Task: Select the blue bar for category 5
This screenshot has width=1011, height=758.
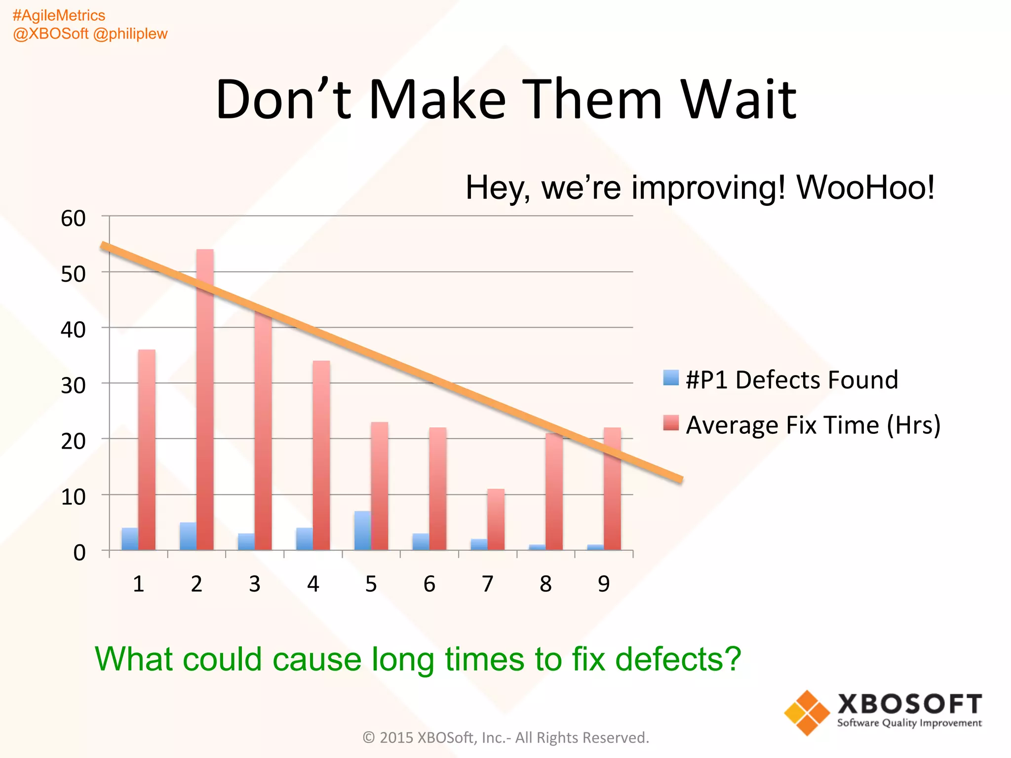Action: click(362, 531)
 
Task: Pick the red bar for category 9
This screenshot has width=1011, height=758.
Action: click(612, 489)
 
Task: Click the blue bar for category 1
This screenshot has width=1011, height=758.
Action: click(130, 539)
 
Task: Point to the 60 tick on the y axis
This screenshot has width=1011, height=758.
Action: click(73, 218)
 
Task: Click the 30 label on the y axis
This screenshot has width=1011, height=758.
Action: click(73, 385)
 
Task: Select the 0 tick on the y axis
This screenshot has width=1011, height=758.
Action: click(79, 553)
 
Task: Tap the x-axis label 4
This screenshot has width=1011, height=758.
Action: click(313, 584)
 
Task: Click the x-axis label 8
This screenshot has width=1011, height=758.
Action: click(545, 584)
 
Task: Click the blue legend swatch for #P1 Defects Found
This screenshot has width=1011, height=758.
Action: click(671, 378)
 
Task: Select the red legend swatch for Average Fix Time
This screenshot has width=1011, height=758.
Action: click(671, 423)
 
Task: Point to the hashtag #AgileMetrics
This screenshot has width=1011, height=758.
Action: click(59, 15)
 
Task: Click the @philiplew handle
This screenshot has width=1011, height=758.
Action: click(130, 34)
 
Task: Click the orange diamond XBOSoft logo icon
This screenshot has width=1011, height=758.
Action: click(807, 713)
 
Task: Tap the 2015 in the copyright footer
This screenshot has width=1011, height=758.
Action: click(396, 738)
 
